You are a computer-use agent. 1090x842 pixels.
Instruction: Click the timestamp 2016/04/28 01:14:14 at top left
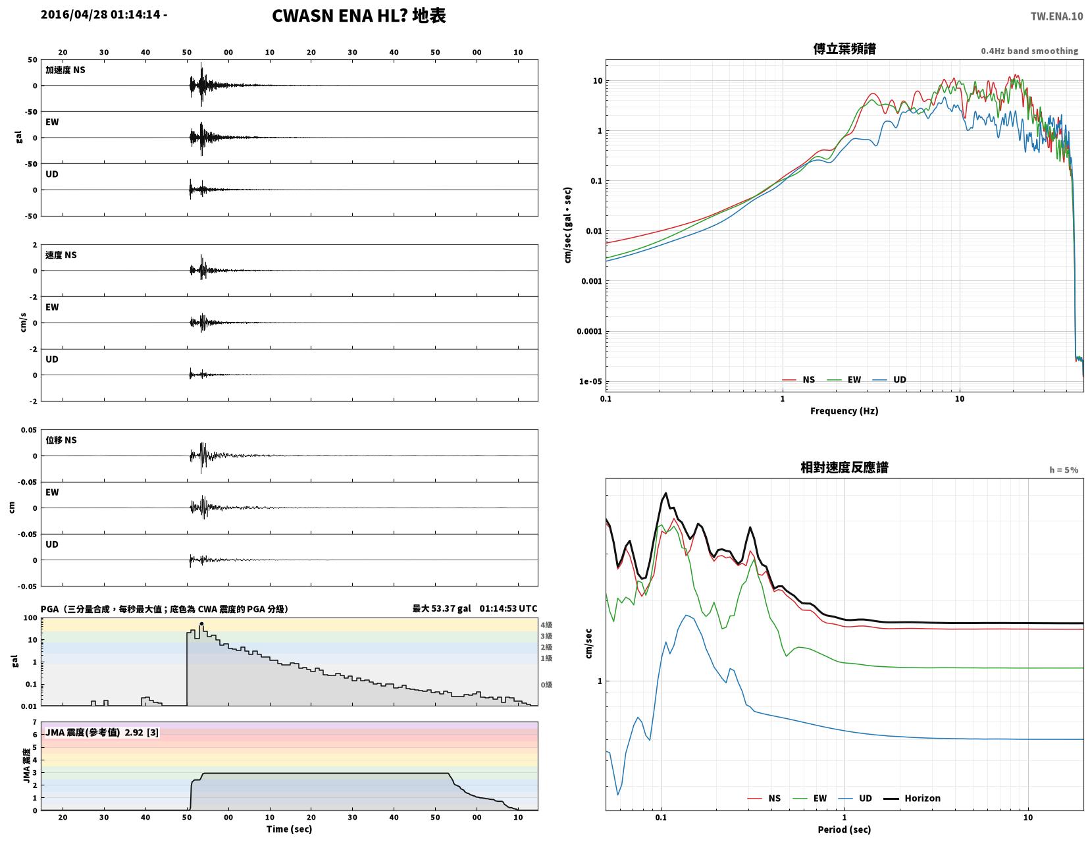pos(100,14)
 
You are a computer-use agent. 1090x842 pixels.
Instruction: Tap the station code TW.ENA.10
pos(1056,16)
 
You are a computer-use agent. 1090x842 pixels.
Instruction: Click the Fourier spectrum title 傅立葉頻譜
pos(844,49)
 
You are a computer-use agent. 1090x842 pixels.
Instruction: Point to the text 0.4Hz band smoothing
pos(1029,51)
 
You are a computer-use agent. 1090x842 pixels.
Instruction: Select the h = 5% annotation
pos(1064,470)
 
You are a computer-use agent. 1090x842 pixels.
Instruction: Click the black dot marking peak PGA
pos(201,623)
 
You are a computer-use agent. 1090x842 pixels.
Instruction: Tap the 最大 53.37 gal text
pos(442,608)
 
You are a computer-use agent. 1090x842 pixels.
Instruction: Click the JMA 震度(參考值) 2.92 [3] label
pos(102,732)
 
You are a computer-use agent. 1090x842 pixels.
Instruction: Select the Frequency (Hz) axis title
pos(844,411)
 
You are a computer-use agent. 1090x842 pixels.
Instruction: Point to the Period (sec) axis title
pos(844,829)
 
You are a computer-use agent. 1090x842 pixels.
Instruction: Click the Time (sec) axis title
pos(289,828)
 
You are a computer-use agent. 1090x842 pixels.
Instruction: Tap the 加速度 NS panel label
pos(65,70)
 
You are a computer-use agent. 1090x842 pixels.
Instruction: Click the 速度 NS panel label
pos(61,255)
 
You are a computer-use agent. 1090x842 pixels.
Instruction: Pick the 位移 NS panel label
pos(61,440)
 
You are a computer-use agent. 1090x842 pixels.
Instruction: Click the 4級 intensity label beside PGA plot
pos(546,625)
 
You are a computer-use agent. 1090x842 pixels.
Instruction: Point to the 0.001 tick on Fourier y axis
pos(591,281)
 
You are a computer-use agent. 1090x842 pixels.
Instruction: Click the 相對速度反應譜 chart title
pos(844,467)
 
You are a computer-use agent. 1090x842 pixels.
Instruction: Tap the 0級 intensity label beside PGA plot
pos(546,685)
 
